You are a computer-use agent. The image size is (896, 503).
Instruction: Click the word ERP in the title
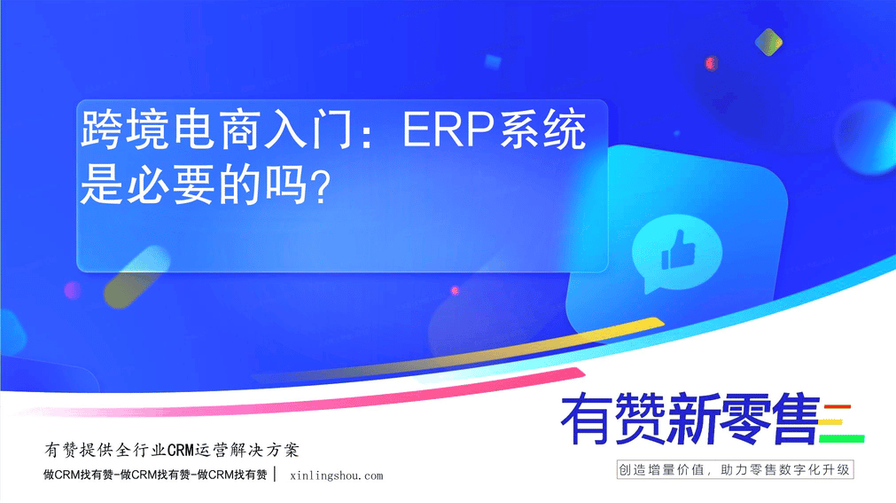[448, 130]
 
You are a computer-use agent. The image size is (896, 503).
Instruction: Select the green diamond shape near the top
[768, 43]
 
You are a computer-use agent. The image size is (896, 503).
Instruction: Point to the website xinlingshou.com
[337, 475]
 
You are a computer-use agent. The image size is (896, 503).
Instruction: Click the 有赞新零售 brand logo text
[690, 419]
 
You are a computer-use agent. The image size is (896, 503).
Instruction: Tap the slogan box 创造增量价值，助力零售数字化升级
[735, 470]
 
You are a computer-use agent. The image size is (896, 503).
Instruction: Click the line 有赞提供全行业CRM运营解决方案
[172, 451]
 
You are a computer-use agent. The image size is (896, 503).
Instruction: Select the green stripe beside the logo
[842, 439]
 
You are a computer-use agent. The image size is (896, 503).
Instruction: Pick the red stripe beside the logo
[838, 407]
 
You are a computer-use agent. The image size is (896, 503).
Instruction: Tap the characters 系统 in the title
[541, 130]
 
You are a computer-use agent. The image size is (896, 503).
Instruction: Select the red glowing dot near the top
[711, 63]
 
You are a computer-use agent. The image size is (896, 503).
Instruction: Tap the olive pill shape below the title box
[136, 277]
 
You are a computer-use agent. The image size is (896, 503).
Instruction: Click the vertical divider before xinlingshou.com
[276, 475]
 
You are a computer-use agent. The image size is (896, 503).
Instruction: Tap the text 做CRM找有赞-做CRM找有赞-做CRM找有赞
[155, 475]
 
